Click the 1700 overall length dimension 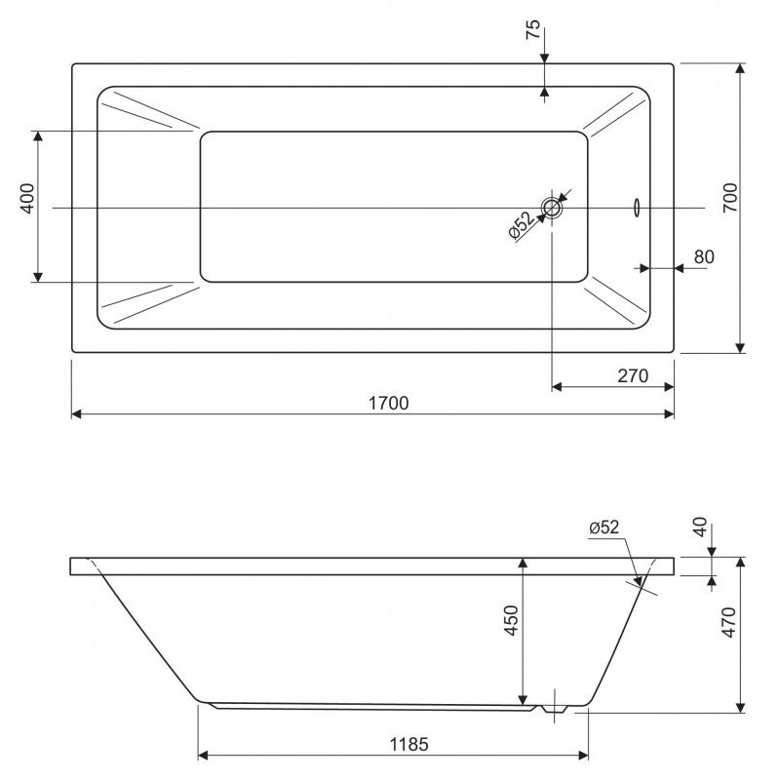coord(388,403)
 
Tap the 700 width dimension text coord(730,198)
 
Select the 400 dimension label coord(28,199)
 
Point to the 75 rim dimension coord(532,29)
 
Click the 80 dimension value coord(704,256)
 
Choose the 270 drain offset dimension coord(633,376)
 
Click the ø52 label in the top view coord(522,225)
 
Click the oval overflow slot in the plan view coord(637,208)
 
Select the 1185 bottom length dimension coord(409,745)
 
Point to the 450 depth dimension coord(511,620)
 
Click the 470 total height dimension coord(728,622)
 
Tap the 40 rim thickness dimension coord(700,526)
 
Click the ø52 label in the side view coord(604,526)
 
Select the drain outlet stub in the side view coord(554,709)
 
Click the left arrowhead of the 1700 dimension coord(77,413)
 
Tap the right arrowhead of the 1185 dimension coord(583,756)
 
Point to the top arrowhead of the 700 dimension coord(741,68)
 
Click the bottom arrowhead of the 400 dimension coord(38,277)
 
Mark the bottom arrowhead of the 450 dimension coord(523,700)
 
